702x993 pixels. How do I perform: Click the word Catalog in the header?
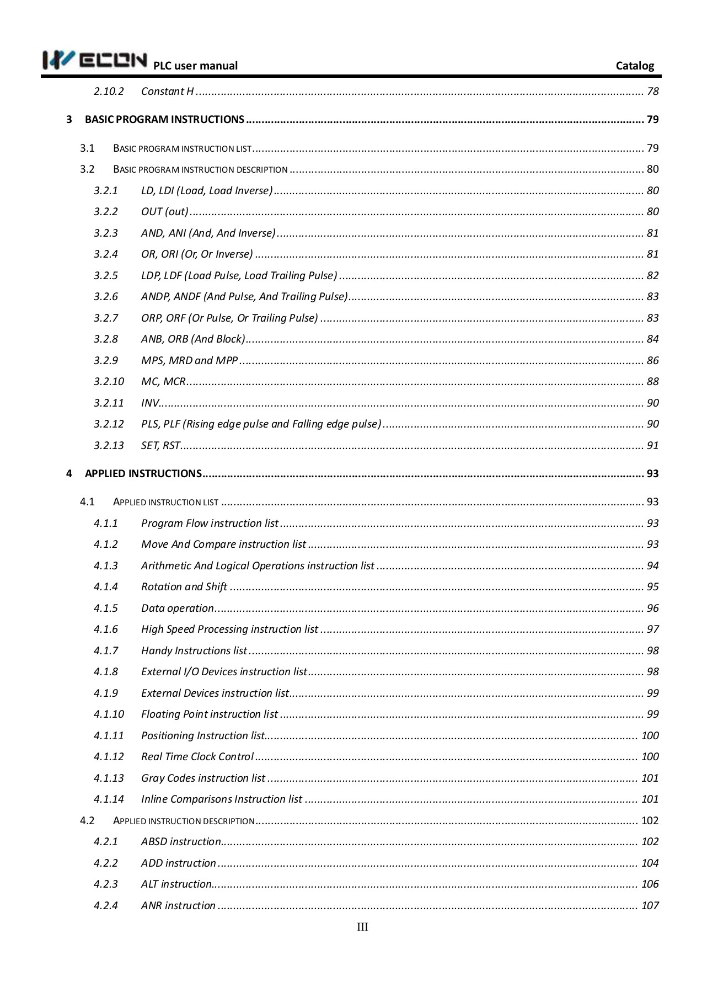click(x=635, y=66)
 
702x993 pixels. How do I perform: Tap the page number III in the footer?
click(x=362, y=927)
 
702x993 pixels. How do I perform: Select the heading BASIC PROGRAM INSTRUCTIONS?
click(x=164, y=120)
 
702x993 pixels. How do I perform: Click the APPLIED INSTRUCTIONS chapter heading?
click(x=143, y=473)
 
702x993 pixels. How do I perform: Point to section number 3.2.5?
click(x=106, y=275)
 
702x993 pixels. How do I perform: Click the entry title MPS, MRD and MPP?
click(x=189, y=360)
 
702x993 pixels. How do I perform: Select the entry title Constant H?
click(x=167, y=91)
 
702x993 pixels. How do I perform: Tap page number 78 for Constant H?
click(x=653, y=91)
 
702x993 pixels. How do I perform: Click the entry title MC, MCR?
click(x=163, y=381)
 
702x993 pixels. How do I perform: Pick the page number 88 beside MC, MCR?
click(x=653, y=381)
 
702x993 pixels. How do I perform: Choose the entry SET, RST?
click(x=160, y=445)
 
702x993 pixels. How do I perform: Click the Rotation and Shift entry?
click(x=184, y=586)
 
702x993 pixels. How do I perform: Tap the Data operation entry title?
click(x=177, y=608)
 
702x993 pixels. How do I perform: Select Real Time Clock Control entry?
click(x=197, y=756)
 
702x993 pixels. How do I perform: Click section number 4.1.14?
click(x=109, y=799)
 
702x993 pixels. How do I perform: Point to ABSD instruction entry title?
click(x=181, y=841)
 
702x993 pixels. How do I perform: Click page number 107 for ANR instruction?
click(x=650, y=905)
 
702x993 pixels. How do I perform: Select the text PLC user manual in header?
click(x=195, y=66)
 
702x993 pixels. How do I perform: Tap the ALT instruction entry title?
click(x=176, y=884)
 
